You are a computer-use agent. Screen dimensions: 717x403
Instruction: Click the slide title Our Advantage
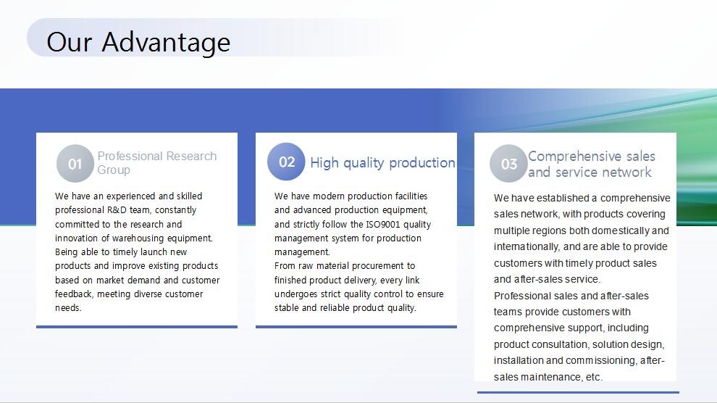(138, 42)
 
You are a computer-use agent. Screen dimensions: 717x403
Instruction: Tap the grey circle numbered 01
(75, 163)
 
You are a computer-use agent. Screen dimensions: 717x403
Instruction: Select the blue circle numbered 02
(286, 162)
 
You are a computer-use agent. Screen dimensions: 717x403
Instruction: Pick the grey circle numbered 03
(508, 163)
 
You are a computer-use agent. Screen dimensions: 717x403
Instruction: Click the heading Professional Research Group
(157, 163)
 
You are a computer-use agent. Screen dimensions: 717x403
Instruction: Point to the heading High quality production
(382, 162)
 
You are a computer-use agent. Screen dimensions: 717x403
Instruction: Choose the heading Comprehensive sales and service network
(592, 165)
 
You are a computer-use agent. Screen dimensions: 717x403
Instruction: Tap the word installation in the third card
(519, 360)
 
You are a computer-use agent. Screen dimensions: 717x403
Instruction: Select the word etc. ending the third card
(595, 377)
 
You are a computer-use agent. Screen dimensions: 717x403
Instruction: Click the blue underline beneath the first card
(137, 327)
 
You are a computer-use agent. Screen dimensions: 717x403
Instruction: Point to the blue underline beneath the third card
(578, 392)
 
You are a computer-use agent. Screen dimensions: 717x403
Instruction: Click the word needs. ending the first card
(68, 308)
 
